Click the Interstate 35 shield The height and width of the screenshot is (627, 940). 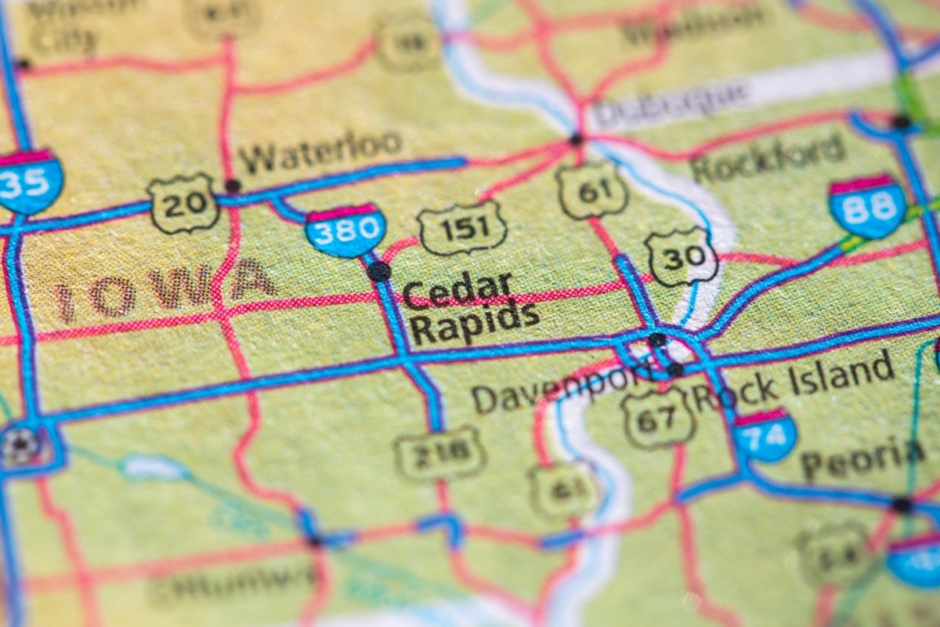[30, 183]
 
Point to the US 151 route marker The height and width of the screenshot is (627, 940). [462, 228]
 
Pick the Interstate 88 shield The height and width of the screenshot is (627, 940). [867, 206]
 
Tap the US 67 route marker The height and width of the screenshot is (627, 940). [659, 417]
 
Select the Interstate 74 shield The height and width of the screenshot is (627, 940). [765, 435]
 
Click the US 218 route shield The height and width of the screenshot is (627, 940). [439, 453]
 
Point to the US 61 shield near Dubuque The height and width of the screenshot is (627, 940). [592, 190]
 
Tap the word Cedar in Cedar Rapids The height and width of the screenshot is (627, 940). [457, 290]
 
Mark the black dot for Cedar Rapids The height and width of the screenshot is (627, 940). [379, 270]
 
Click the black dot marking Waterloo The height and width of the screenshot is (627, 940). [232, 186]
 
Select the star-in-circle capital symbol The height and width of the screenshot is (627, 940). [20, 445]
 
